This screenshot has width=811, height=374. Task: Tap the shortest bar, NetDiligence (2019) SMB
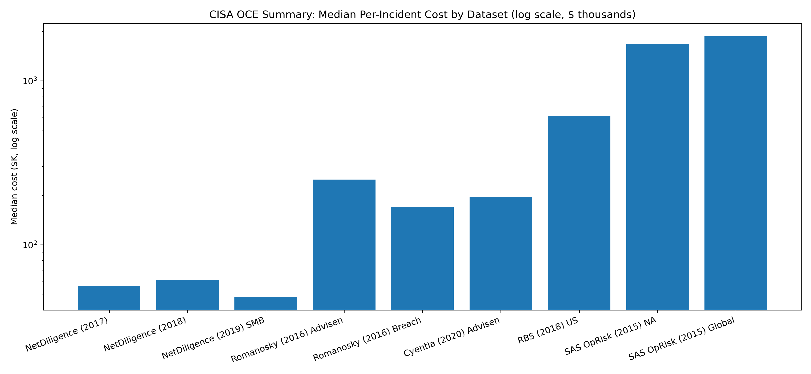266,303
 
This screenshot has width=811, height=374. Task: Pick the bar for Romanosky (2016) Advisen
344,245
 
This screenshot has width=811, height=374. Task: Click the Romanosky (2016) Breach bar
422,258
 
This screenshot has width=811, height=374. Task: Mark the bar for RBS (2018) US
579,213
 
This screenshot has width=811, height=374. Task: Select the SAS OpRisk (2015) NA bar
657,177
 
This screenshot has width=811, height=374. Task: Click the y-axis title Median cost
14,167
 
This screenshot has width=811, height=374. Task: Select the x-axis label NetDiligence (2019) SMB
213,339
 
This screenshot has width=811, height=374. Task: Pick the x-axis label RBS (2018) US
548,331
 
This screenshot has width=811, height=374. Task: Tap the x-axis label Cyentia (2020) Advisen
452,337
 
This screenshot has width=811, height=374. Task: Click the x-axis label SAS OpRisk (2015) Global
682,339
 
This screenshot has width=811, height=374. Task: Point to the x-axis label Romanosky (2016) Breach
367,339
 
